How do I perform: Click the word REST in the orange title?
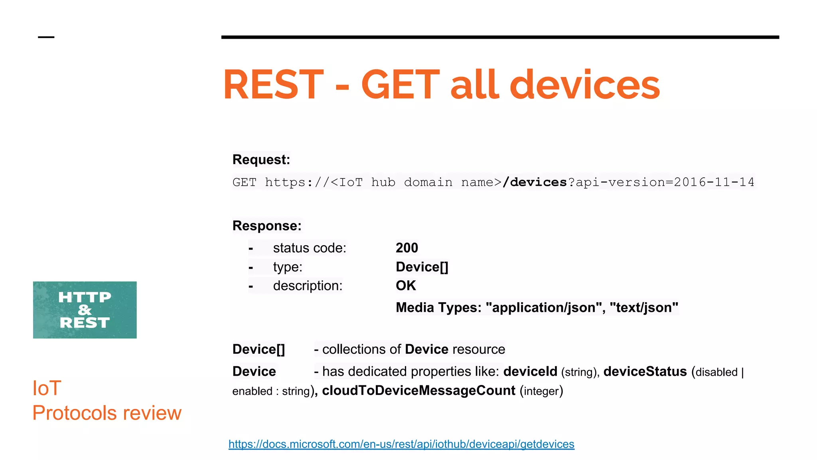[x=273, y=85]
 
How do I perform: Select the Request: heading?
[x=261, y=160]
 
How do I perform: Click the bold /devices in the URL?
[x=535, y=182]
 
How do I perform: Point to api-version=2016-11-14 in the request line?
[x=665, y=182]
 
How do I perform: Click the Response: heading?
[x=267, y=226]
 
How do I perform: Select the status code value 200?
[x=407, y=248]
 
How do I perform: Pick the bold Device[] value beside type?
[x=422, y=267]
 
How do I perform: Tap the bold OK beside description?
[x=406, y=286]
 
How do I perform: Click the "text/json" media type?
[x=644, y=308]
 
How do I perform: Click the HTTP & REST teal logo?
[x=85, y=310]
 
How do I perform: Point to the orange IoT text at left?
[x=47, y=388]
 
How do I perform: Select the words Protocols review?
[x=107, y=413]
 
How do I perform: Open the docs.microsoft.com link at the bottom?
[x=401, y=444]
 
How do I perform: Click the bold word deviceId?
[x=530, y=372]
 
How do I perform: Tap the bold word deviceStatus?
[x=645, y=372]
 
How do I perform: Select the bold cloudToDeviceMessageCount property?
[x=418, y=391]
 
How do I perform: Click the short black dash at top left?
[x=46, y=37]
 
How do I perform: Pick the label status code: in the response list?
[x=310, y=248]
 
